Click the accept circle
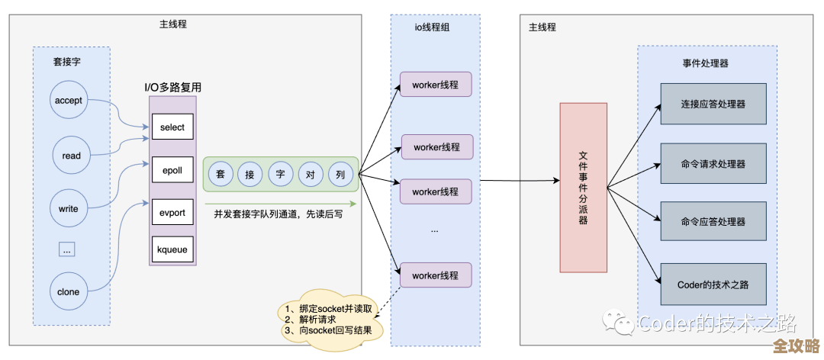coord(72,101)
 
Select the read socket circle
coord(72,156)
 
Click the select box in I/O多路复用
coord(172,127)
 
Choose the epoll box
coord(172,170)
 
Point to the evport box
coord(172,213)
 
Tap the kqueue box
coord(172,249)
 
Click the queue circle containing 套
coord(220,175)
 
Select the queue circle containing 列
coord(341,175)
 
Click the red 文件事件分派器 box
coord(584,188)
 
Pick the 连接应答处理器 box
coord(713,104)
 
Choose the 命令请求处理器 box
coord(713,163)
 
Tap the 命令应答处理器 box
coord(713,222)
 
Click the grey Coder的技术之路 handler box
coord(713,284)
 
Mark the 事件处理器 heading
coord(705,63)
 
